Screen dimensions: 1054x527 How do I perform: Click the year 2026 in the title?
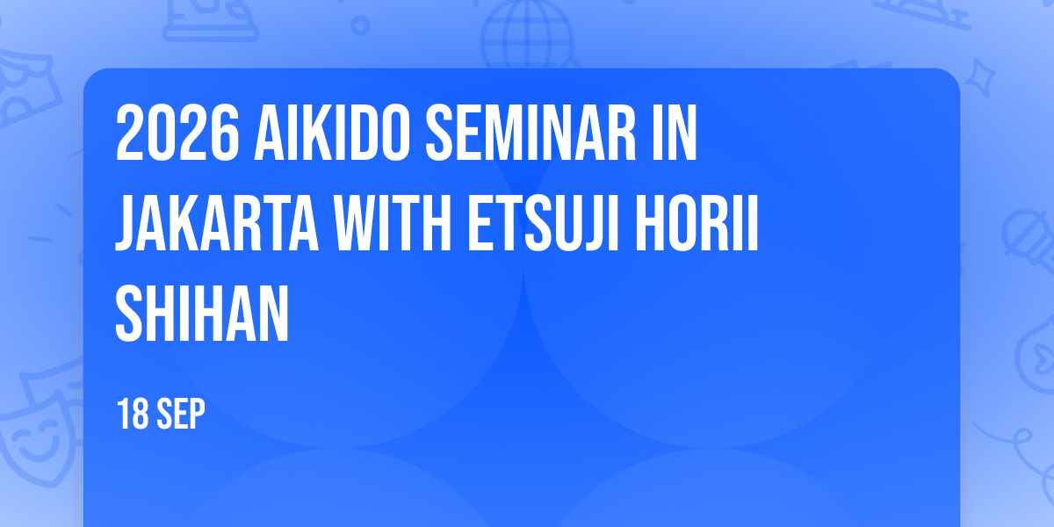tap(177, 133)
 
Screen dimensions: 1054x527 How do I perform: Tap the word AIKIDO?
tap(332, 133)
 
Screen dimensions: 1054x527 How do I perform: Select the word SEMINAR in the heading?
tap(531, 133)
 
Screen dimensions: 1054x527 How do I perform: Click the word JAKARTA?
tap(217, 222)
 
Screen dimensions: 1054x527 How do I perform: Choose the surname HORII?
tap(697, 222)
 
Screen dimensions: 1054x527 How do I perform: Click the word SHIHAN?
tap(202, 313)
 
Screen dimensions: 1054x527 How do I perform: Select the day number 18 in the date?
tap(133, 414)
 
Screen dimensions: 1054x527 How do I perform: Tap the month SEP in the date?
tap(181, 414)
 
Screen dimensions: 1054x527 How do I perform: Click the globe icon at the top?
tap(527, 35)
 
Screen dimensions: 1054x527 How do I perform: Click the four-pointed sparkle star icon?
tap(980, 77)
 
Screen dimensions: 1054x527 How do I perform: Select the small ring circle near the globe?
tap(360, 25)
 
